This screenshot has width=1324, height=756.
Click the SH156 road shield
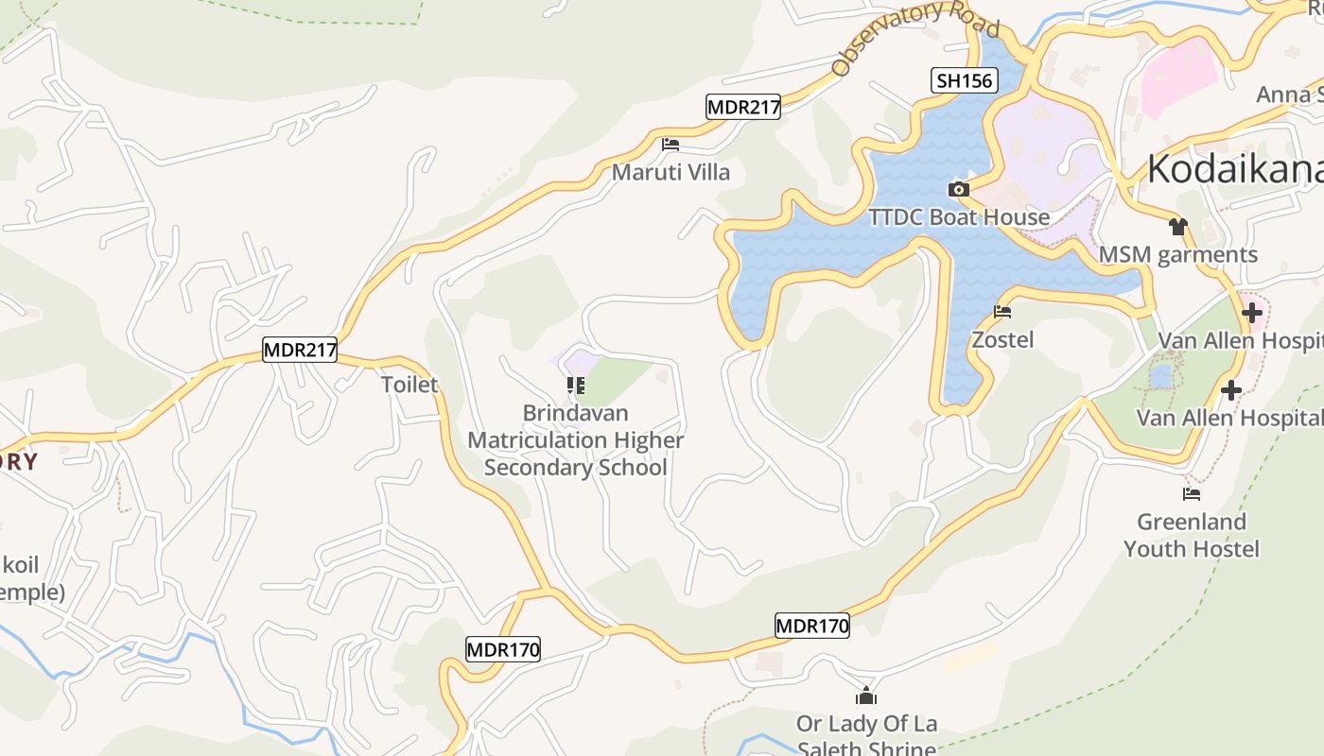(x=964, y=80)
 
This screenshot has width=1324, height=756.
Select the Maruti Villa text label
(x=671, y=172)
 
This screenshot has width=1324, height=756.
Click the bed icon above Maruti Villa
(x=671, y=145)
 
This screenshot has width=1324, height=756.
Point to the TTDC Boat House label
(x=959, y=217)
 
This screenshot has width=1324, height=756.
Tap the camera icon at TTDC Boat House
(x=958, y=189)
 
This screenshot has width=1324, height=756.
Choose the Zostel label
(x=1002, y=339)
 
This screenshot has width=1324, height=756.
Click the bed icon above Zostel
(x=1002, y=311)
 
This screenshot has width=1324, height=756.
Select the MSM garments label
(x=1177, y=254)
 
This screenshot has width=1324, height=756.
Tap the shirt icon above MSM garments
(x=1177, y=227)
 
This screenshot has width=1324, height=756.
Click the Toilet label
(x=409, y=385)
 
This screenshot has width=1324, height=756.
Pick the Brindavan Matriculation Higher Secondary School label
(x=575, y=440)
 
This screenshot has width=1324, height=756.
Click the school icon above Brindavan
(x=575, y=386)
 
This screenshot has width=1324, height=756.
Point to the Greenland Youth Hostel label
(x=1192, y=535)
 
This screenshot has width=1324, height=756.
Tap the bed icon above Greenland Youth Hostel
(x=1192, y=493)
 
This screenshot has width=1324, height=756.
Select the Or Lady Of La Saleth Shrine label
(x=866, y=736)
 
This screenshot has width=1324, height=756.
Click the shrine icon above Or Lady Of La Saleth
(x=866, y=697)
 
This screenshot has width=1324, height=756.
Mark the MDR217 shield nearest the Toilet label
(x=300, y=350)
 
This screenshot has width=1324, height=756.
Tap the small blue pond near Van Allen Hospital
(x=1160, y=377)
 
